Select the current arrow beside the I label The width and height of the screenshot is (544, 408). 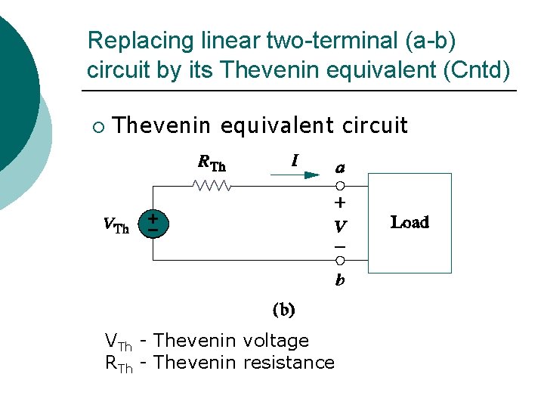295,175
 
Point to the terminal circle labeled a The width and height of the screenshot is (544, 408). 340,186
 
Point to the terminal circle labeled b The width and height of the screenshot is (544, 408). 340,261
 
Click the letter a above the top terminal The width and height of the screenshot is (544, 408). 340,167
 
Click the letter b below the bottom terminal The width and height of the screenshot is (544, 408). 340,280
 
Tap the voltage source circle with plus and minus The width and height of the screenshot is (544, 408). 153,223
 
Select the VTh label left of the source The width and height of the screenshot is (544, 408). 116,224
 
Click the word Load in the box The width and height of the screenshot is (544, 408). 410,222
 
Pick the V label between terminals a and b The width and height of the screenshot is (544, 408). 340,225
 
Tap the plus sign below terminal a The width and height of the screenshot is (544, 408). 340,202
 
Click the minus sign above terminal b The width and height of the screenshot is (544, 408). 340,246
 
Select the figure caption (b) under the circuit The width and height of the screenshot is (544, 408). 283,309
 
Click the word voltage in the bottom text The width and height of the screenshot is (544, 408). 277,342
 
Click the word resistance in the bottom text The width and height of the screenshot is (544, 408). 289,363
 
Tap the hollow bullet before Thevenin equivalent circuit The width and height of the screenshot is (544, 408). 99,125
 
